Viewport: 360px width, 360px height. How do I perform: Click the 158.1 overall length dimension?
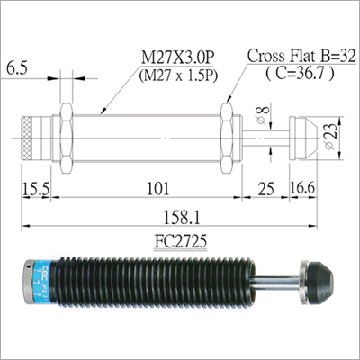click(181, 218)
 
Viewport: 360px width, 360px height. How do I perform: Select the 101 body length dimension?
click(157, 189)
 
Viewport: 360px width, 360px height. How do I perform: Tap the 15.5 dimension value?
click(36, 189)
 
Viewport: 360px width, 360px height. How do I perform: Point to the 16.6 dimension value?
click(302, 188)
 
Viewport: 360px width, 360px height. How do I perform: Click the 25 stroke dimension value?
click(265, 189)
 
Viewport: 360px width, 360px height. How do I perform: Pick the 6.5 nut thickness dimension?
click(17, 68)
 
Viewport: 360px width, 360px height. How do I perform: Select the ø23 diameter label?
click(330, 137)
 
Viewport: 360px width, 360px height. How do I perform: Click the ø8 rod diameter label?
click(262, 115)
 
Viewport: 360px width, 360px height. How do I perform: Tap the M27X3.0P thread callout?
click(178, 58)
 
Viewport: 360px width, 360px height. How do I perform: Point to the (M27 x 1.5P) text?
click(178, 76)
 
